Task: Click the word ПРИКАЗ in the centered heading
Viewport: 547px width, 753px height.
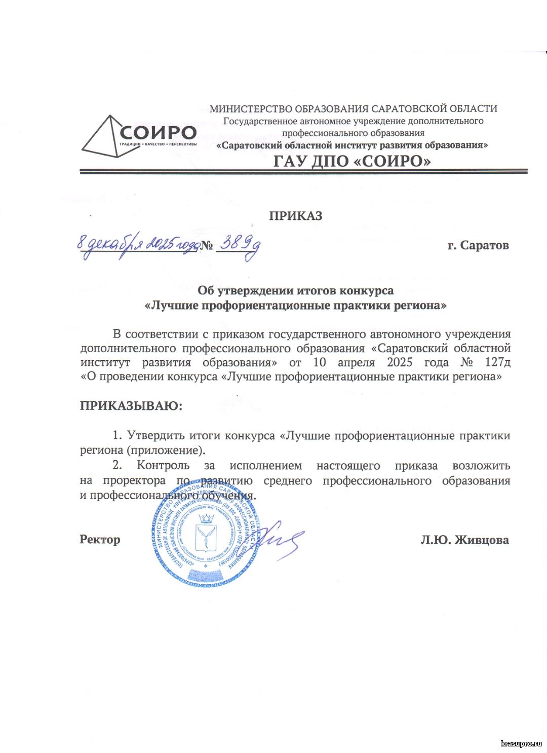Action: click(x=296, y=216)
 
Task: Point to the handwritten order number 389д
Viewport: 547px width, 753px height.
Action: click(x=239, y=246)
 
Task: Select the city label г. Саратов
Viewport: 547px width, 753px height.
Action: click(x=478, y=246)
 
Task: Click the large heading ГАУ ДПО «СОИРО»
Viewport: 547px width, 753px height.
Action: click(x=353, y=161)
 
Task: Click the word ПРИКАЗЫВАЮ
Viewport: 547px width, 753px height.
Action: click(x=131, y=406)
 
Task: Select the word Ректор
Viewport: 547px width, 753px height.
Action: click(x=100, y=540)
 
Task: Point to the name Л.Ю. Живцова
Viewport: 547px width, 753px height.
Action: click(x=464, y=540)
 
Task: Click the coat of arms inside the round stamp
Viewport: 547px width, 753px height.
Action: click(x=206, y=535)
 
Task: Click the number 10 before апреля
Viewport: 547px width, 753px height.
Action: click(x=320, y=363)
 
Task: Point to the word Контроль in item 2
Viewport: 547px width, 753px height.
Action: click(x=163, y=466)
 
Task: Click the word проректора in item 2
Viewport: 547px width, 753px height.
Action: click(x=134, y=480)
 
